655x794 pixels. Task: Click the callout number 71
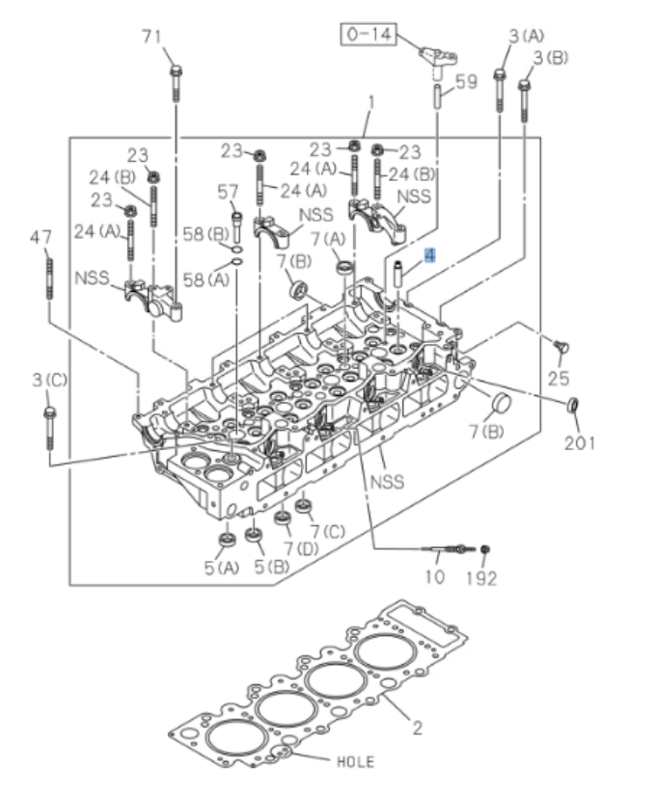[150, 37]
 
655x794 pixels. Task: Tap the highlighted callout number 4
[430, 257]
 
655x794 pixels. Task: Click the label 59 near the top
[466, 83]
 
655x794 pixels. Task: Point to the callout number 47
[41, 237]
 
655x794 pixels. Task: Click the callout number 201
[581, 443]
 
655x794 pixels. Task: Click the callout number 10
[435, 578]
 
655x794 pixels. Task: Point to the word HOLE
[354, 761]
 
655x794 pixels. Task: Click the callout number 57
[228, 192]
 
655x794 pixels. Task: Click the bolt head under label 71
[176, 70]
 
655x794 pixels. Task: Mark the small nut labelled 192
[485, 549]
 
